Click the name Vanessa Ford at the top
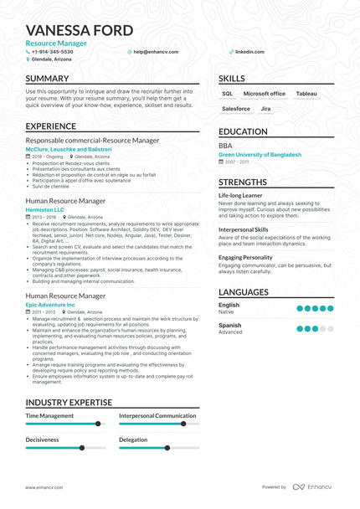pyautogui.click(x=79, y=31)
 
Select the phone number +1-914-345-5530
pyautogui.click(x=52, y=51)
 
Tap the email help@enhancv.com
pyautogui.click(x=152, y=51)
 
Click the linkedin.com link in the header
pyautogui.click(x=249, y=51)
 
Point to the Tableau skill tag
pyautogui.click(x=306, y=94)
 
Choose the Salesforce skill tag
pyautogui.click(x=236, y=109)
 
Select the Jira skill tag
pyautogui.click(x=265, y=109)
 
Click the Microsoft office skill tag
pyautogui.click(x=265, y=94)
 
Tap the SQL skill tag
pyautogui.click(x=228, y=94)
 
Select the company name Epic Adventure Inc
pyautogui.click(x=50, y=305)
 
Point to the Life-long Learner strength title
pyautogui.click(x=240, y=195)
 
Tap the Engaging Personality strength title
pyautogui.click(x=245, y=257)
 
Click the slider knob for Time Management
pyautogui.click(x=98, y=424)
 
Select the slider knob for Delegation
pyautogui.click(x=167, y=448)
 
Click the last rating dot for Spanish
pyautogui.click(x=330, y=329)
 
